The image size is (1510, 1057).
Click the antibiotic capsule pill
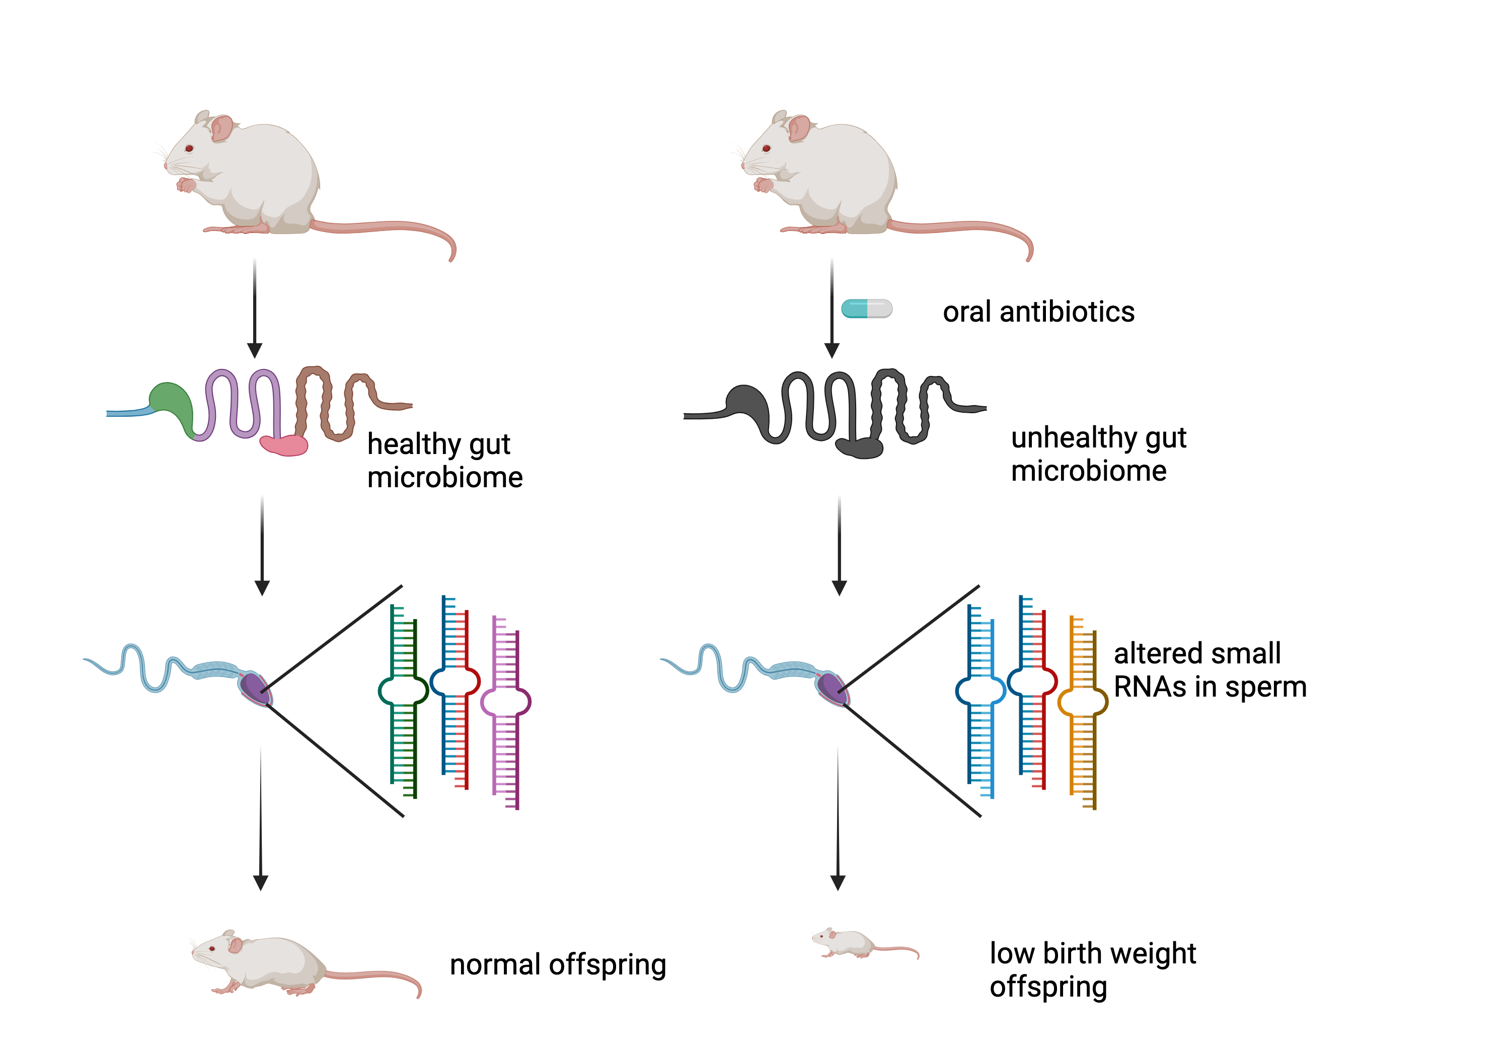tap(866, 309)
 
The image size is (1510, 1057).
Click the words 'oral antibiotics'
tap(1038, 312)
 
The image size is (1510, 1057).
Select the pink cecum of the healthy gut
tap(284, 445)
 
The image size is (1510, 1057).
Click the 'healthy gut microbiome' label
tap(444, 461)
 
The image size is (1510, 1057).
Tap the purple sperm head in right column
tap(830, 688)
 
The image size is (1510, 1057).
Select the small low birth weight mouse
tap(852, 944)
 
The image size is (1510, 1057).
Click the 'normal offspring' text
tap(558, 965)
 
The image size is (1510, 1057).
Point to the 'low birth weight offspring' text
tap(1092, 969)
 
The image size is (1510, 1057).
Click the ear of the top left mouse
tap(221, 128)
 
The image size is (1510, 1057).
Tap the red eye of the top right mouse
tap(766, 148)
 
